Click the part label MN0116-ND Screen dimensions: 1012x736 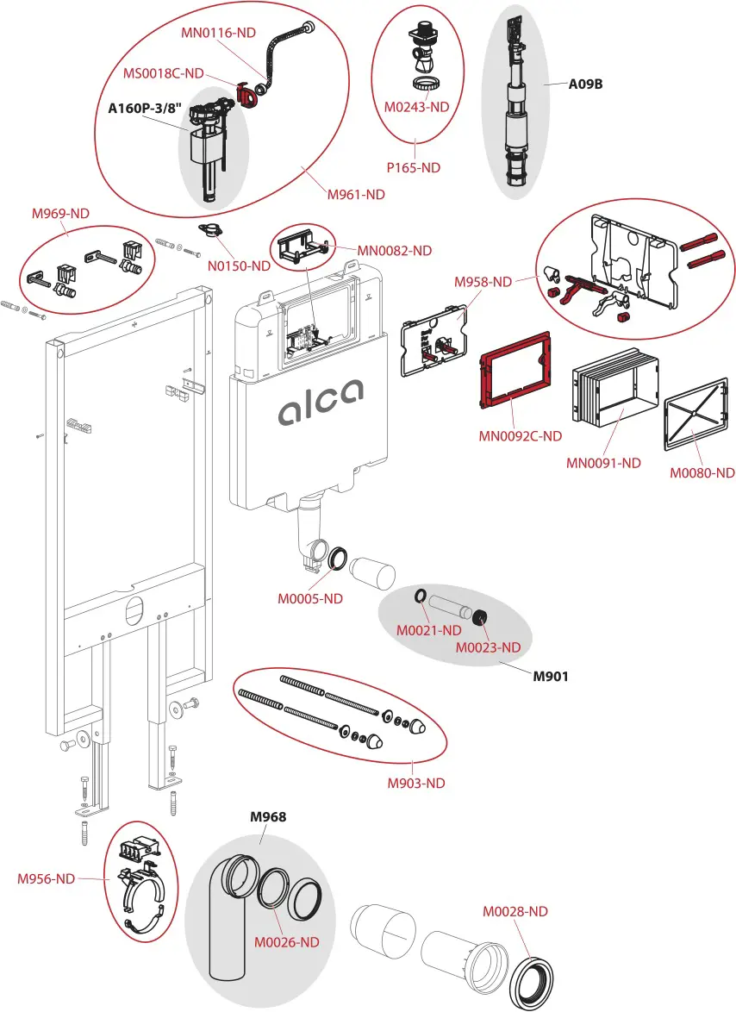coord(218,33)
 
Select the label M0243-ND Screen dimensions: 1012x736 coord(417,107)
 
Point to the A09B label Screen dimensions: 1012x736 coord(585,84)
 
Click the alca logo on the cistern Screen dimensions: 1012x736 coord(320,404)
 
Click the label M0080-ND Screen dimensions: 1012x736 coord(702,472)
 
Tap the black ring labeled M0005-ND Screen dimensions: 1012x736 coord(337,559)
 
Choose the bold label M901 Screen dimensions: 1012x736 coord(550,676)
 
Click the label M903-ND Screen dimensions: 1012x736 coord(415,783)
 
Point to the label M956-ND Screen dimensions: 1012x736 coord(47,878)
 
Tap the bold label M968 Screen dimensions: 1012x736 coord(268,816)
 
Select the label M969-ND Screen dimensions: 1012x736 coord(60,214)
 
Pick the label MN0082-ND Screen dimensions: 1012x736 coord(395,251)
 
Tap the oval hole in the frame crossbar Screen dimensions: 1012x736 coord(134,610)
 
